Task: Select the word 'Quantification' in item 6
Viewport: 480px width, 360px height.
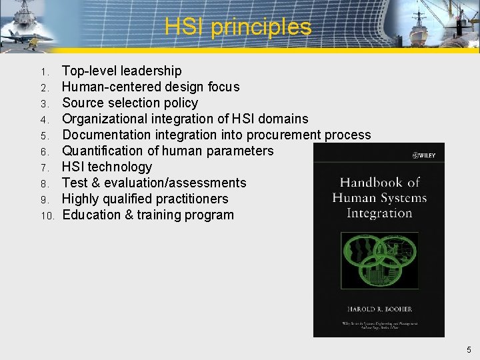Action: click(x=103, y=151)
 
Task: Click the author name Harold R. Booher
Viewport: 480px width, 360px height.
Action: click(x=379, y=309)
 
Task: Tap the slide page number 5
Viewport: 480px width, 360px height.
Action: click(x=469, y=349)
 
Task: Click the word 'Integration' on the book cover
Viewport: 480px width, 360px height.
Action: click(x=379, y=213)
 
